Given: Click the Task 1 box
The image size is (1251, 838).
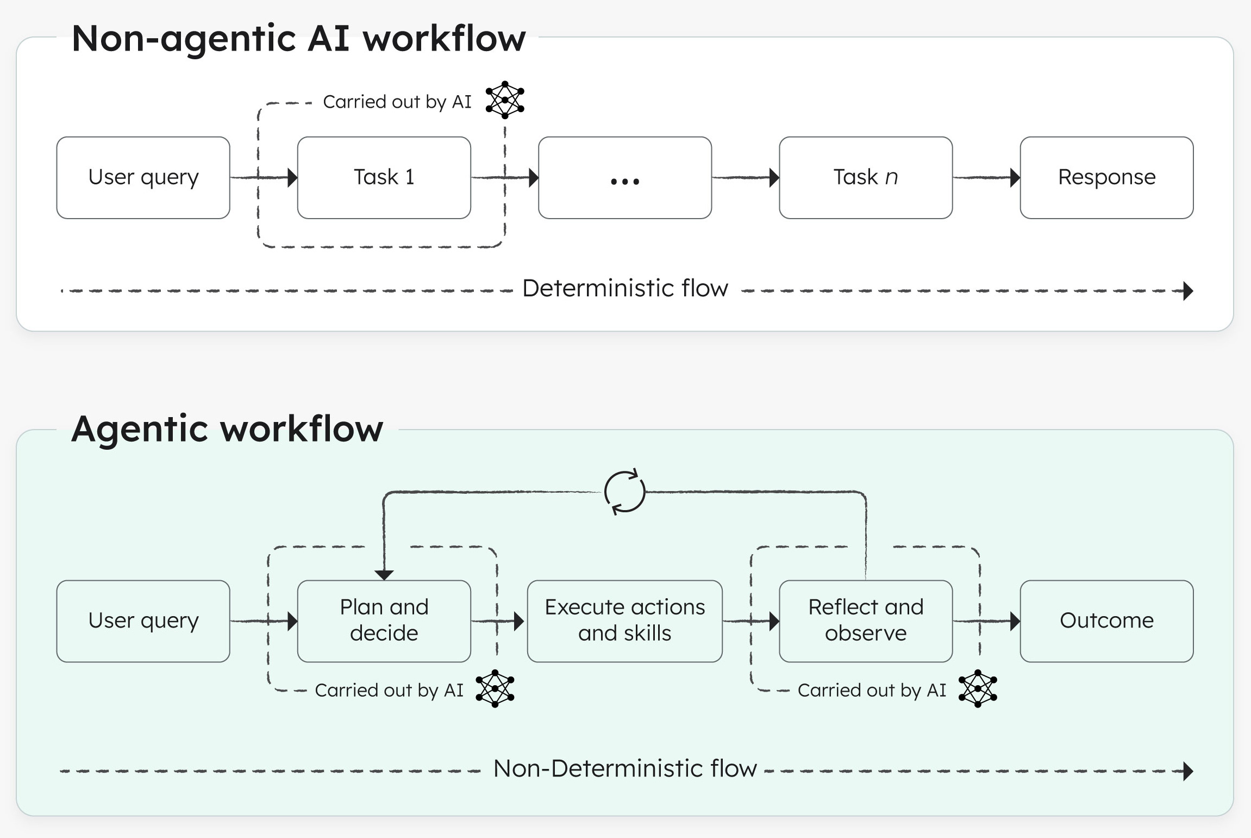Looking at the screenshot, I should (384, 177).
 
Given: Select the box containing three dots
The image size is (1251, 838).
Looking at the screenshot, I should (624, 177).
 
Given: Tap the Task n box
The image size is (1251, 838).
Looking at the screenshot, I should (865, 177).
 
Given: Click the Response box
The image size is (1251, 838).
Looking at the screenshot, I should (1106, 177).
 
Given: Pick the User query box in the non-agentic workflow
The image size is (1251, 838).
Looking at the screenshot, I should (143, 177).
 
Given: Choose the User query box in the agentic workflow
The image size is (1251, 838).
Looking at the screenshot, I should (143, 620).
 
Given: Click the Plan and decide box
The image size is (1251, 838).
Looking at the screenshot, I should (384, 620).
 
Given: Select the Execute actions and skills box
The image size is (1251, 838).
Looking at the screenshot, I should (624, 620).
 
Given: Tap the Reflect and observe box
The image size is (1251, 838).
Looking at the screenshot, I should (865, 620).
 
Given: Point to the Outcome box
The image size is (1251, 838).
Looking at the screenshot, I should (1106, 620).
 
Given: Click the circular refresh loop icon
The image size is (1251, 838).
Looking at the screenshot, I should (624, 492).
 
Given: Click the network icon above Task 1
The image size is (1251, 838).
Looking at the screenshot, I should (505, 100).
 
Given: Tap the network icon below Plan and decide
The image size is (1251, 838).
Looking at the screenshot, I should (495, 688).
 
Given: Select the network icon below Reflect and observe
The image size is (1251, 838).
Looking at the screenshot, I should (977, 688).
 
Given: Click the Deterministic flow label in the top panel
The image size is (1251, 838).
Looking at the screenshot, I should (625, 288).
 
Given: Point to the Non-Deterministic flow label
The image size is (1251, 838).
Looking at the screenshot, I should (625, 768).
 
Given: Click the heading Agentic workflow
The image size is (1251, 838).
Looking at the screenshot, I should (227, 429).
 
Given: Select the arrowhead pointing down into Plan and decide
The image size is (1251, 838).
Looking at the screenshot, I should (384, 575).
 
